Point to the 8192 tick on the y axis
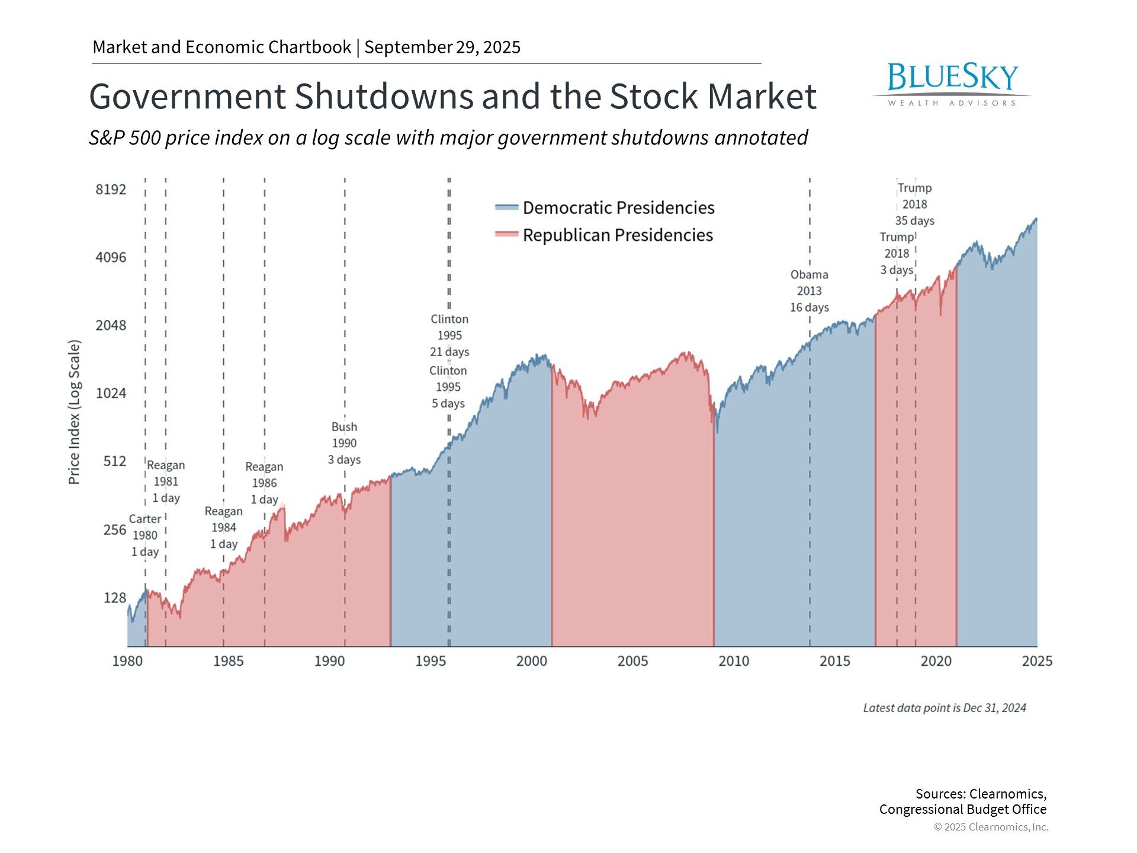(x=111, y=190)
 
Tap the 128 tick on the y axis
(x=115, y=598)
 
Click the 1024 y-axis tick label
(x=111, y=393)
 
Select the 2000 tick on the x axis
(x=531, y=661)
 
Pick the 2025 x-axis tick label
(x=1036, y=661)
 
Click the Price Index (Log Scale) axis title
(x=74, y=412)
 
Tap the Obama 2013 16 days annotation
(x=809, y=291)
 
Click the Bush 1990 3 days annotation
(x=344, y=443)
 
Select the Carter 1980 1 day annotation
(x=144, y=535)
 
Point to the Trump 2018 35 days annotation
(x=914, y=204)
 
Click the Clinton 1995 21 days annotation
(x=449, y=335)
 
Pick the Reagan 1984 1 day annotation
(x=223, y=528)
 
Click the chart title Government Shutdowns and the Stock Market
(x=452, y=97)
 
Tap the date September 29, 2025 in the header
(x=442, y=47)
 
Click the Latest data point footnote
(x=944, y=708)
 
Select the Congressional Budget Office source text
(x=962, y=809)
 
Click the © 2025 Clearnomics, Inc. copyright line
(x=991, y=827)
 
